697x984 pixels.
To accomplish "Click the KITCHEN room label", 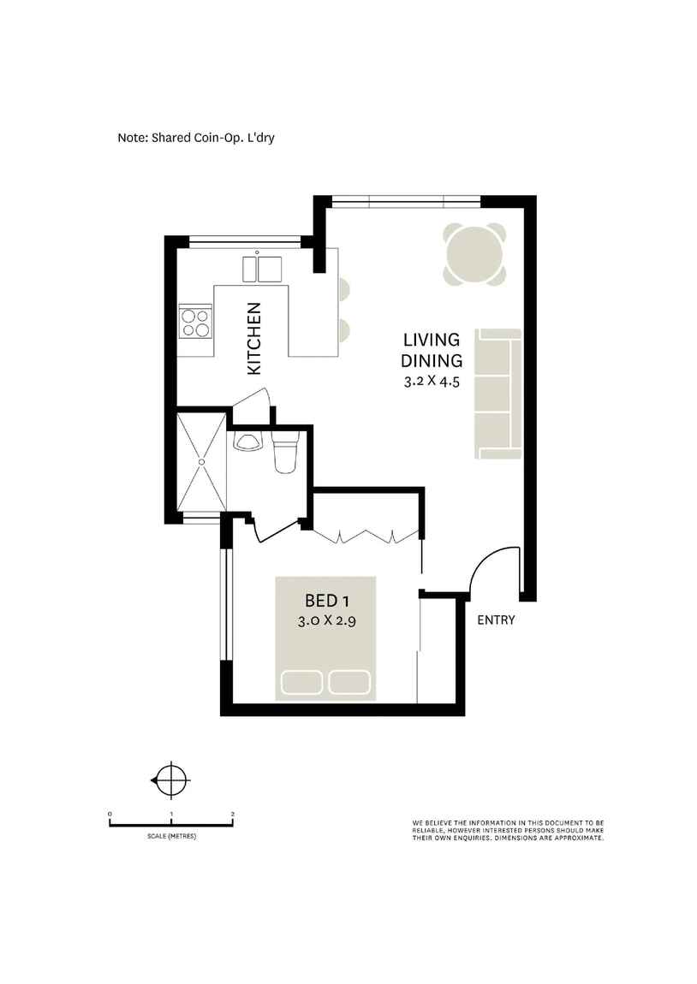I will coord(254,338).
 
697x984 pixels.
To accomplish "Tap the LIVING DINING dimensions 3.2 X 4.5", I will coord(432,382).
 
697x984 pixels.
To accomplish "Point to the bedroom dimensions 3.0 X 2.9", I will coord(326,622).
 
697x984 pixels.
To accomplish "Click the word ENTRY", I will coord(496,619).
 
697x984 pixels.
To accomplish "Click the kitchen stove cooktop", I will coord(196,322).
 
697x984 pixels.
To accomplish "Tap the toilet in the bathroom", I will coord(283,453).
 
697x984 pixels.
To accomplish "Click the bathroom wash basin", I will coord(248,442).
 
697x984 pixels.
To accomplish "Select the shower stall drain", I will coord(202,462).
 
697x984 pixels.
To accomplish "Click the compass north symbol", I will coord(174,780).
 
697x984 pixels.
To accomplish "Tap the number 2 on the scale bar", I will coord(233,815).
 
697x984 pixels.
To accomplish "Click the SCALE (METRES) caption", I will coord(171,836).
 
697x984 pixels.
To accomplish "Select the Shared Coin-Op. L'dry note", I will coord(207,137).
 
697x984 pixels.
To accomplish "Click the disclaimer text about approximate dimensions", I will coord(509,831).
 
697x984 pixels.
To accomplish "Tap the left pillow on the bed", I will coord(303,682).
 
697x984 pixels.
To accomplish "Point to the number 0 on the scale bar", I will coord(110,815).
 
